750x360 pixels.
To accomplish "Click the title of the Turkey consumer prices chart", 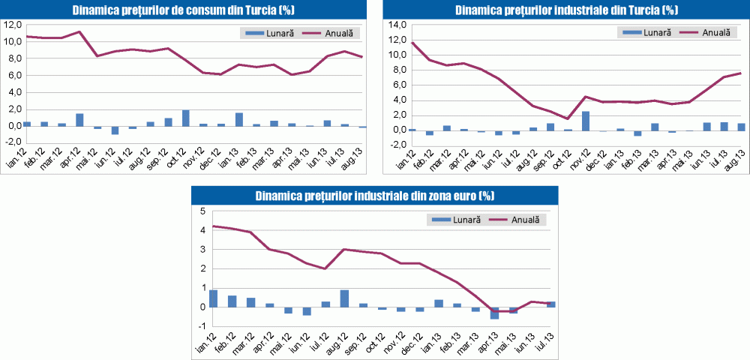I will tap(184, 10).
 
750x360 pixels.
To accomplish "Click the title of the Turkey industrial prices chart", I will tap(567, 10).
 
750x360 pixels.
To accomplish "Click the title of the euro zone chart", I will tap(374, 196).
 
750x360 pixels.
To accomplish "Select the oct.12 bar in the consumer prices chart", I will tap(186, 118).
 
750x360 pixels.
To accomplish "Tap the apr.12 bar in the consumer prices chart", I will tap(79, 120).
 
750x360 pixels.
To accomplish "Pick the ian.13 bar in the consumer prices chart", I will tap(239, 119).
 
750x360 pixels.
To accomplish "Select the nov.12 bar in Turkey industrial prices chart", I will tap(586, 121).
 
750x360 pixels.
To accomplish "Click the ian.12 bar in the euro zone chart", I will tap(214, 298).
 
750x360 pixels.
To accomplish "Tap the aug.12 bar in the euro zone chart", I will tap(344, 298).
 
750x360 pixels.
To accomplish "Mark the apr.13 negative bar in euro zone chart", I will tap(494, 313).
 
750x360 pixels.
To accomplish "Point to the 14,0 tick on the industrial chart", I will tap(395, 25).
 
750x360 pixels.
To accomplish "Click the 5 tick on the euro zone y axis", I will tap(201, 211).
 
